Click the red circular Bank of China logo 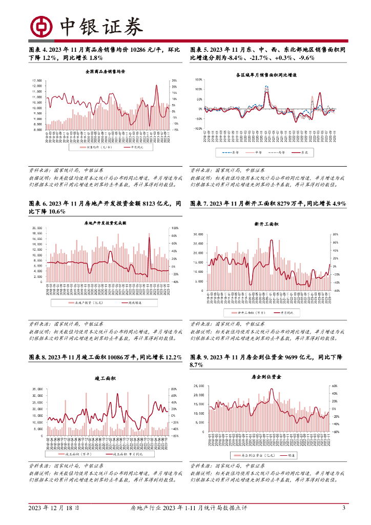(x=40, y=26)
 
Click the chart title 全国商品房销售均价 (x=106, y=71)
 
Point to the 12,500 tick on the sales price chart (x=36, y=80)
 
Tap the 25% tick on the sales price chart (x=174, y=80)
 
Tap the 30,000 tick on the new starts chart (x=198, y=234)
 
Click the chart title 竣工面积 (x=105, y=378)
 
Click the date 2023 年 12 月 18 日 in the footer (x=53, y=508)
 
